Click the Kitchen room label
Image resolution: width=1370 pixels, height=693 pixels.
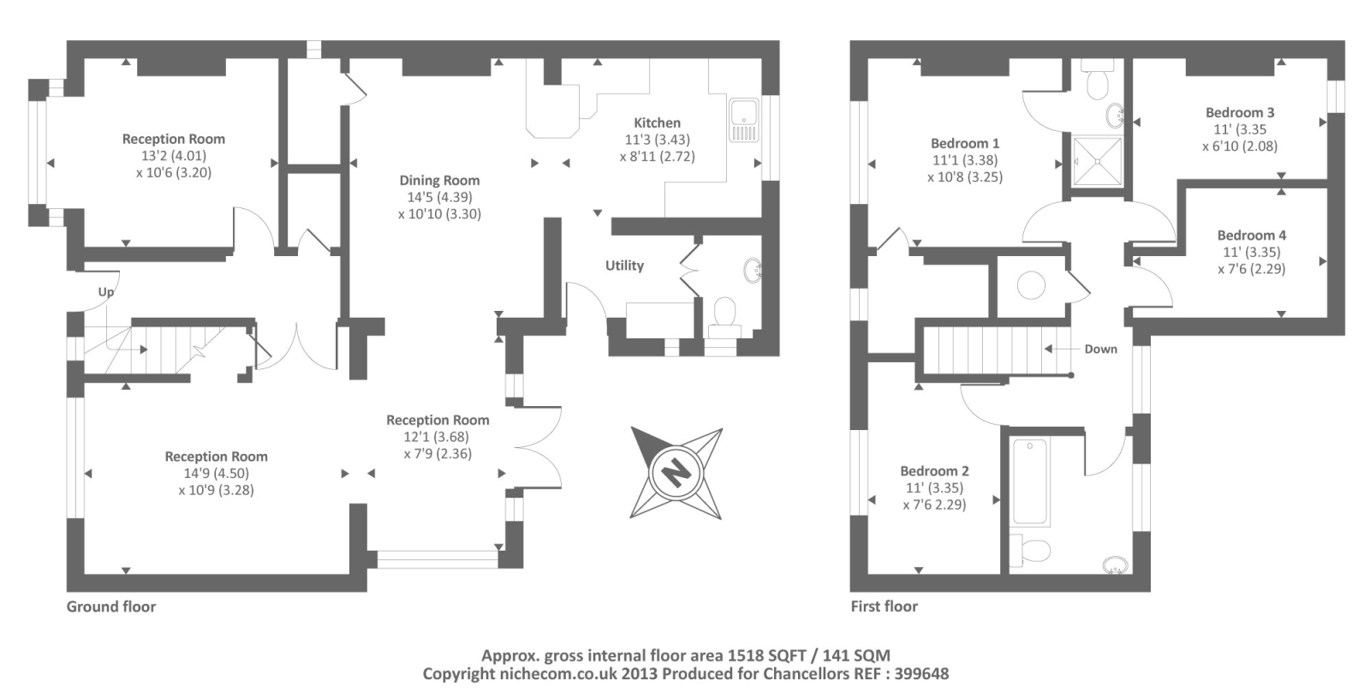[x=657, y=123]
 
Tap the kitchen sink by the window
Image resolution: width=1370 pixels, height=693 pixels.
[x=744, y=120]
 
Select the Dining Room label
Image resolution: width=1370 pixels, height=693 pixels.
[x=439, y=181]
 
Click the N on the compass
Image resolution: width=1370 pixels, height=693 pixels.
[x=676, y=473]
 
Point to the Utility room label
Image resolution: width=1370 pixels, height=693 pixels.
[x=624, y=266]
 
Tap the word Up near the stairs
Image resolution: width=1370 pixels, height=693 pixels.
[x=106, y=292]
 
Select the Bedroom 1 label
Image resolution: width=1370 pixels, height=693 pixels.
[x=965, y=143]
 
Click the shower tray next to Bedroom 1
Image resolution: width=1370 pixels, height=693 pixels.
[x=1099, y=161]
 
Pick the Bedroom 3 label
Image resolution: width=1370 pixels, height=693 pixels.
[x=1240, y=112]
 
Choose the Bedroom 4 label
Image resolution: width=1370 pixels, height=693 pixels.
[x=1251, y=235]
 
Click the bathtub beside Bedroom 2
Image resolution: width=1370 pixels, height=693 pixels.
[x=1030, y=481]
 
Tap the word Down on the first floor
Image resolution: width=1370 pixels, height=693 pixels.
[x=1101, y=349]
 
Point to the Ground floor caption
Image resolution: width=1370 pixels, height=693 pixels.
[x=111, y=606]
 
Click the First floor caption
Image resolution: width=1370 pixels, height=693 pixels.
[x=885, y=606]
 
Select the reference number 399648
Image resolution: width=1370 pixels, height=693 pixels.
[x=921, y=674]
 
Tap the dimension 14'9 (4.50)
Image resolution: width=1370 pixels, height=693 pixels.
[x=217, y=474]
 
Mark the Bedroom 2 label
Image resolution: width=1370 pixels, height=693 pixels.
[x=934, y=471]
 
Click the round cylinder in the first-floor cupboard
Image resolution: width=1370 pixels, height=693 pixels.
[x=1031, y=285]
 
